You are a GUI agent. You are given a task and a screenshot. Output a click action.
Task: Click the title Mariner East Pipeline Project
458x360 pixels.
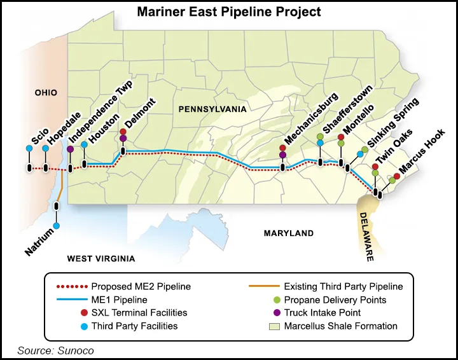[x=229, y=12]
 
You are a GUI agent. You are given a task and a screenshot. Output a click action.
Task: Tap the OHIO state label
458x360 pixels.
[x=45, y=93]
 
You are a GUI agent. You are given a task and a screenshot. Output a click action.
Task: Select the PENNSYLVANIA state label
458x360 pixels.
[x=212, y=109]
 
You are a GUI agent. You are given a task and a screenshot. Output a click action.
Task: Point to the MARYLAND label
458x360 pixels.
[x=289, y=233]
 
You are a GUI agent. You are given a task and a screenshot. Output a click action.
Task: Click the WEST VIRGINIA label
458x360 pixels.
[x=101, y=259]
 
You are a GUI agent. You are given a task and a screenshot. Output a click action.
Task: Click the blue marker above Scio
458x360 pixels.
[x=29, y=149]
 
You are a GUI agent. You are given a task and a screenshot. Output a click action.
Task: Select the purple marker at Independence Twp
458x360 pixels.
[x=70, y=149]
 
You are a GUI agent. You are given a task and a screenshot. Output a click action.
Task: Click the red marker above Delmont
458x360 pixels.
[x=123, y=132]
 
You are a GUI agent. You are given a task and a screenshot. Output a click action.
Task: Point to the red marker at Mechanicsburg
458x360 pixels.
[x=282, y=148]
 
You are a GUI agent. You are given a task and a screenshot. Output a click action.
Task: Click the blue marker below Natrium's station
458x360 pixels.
[x=57, y=226]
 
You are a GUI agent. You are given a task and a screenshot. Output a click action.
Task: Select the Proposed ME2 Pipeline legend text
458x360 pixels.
[x=141, y=287]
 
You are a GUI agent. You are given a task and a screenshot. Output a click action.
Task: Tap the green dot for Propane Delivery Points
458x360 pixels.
[x=275, y=300]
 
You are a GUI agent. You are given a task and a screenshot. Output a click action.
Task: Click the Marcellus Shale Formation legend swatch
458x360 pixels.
[x=275, y=326]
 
